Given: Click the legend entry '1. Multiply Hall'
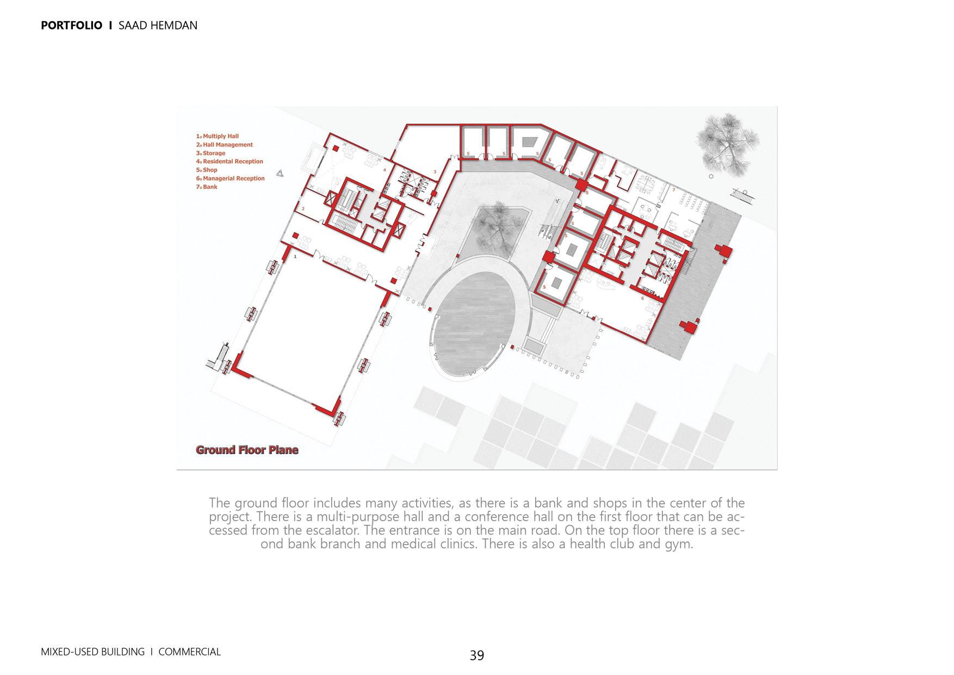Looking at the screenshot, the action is pyautogui.click(x=218, y=136).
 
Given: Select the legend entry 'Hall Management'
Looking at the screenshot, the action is pyautogui.click(x=225, y=145).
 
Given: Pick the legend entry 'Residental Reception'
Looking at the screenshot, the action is pyautogui.click(x=230, y=162).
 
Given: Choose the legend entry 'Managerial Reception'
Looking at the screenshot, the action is pyautogui.click(x=231, y=179).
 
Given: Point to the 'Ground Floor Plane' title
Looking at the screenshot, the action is pyautogui.click(x=247, y=450).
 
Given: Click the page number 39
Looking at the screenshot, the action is pyautogui.click(x=476, y=655).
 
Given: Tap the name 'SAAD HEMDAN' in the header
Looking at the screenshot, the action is pyautogui.click(x=158, y=25).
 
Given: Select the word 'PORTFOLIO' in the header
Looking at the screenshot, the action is pyautogui.click(x=71, y=25).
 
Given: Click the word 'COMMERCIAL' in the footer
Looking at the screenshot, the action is pyautogui.click(x=189, y=652).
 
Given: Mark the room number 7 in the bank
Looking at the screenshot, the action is pyautogui.click(x=673, y=190).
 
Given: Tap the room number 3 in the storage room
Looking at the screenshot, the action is pyautogui.click(x=435, y=171).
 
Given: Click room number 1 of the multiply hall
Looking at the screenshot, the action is pyautogui.click(x=295, y=256).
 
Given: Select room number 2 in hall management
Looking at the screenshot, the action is pyautogui.click(x=303, y=208).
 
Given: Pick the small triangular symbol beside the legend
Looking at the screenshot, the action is pyautogui.click(x=280, y=173).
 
